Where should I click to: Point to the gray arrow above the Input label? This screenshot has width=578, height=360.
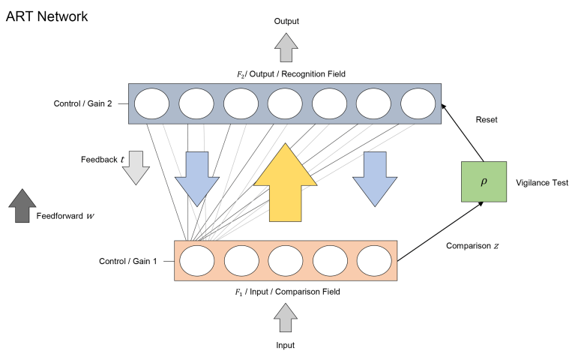click(286, 317)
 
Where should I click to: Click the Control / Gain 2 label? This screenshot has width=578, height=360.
click(82, 103)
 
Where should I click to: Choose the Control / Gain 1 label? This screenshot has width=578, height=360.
click(128, 261)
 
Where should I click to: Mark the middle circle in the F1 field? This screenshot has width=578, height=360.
click(286, 261)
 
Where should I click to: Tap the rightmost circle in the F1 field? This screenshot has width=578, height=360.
click(374, 261)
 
